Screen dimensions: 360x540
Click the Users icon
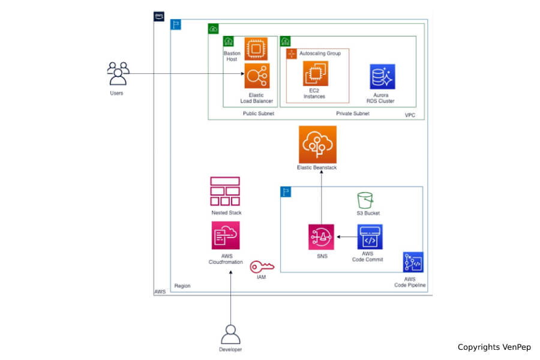tap(118, 73)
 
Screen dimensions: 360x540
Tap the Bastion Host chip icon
tap(256, 49)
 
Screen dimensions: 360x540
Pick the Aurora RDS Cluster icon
tap(382, 77)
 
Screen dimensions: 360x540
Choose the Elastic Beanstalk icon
tap(317, 144)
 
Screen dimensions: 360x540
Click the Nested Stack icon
tap(225, 191)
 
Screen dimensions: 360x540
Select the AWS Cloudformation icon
tap(226, 235)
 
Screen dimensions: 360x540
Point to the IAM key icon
tap(262, 266)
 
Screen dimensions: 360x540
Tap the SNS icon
tap(321, 237)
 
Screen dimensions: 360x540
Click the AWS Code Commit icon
tap(370, 237)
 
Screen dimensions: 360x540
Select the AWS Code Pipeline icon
tap(413, 262)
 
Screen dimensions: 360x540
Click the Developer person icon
tap(230, 334)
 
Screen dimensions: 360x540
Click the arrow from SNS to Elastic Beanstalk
tap(321, 198)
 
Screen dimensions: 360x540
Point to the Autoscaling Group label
tap(320, 53)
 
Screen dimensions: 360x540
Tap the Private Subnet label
tap(353, 113)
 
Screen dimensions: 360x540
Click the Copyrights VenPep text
tap(494, 347)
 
